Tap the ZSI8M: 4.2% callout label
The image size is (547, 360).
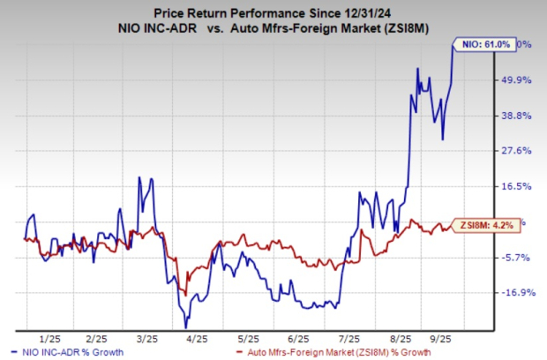point(486,224)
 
